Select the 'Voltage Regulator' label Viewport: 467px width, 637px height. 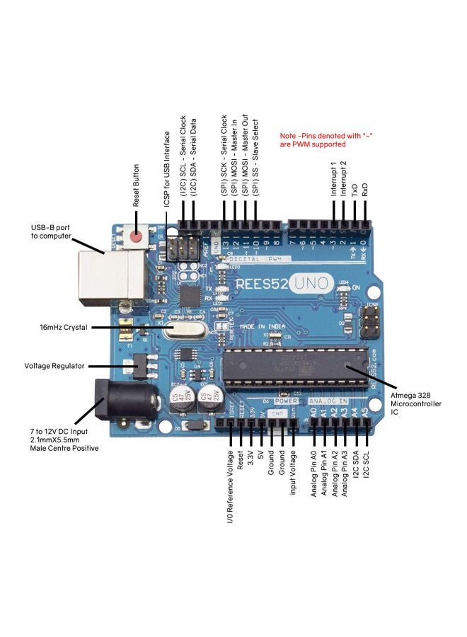click(54, 366)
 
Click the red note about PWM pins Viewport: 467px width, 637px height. click(314, 139)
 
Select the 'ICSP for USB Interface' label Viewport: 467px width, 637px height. click(167, 169)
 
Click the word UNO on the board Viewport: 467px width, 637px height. click(312, 283)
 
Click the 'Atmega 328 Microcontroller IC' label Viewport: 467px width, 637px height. click(416, 404)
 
